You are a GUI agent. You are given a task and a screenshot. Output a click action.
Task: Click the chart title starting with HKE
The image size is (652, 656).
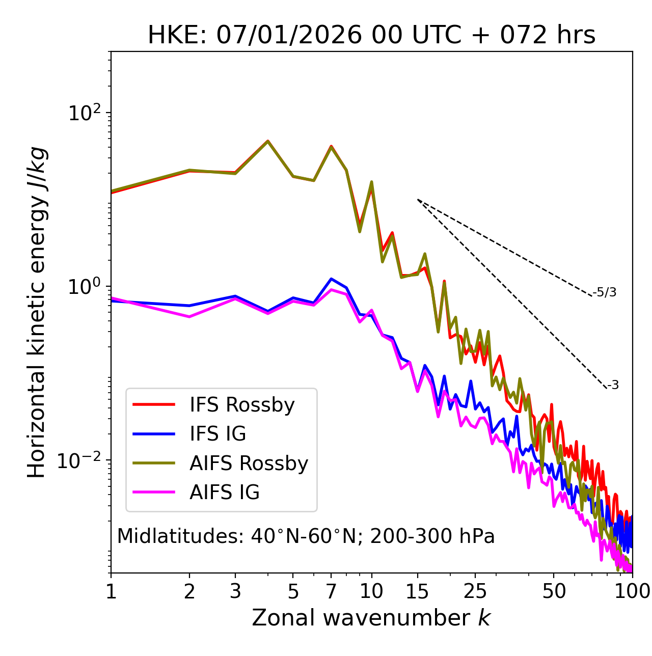coord(371,36)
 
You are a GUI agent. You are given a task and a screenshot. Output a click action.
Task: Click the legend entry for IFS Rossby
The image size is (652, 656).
coord(242,405)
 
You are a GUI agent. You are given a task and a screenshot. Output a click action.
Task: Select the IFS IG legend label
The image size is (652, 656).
coord(218,434)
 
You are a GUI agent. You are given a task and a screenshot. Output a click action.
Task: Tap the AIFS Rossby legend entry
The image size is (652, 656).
coord(249,463)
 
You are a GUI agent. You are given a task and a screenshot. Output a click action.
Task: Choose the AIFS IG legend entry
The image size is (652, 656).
coord(225,493)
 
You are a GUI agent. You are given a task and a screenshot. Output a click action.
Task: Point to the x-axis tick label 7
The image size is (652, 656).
coord(331,591)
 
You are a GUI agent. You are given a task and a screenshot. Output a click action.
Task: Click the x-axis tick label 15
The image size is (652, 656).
coord(418,591)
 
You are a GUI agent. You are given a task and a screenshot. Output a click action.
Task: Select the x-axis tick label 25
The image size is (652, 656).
coord(475,591)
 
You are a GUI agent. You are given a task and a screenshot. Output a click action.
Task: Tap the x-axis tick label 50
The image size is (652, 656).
coord(554,591)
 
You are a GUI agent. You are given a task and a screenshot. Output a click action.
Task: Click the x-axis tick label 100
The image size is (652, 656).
coord(632,591)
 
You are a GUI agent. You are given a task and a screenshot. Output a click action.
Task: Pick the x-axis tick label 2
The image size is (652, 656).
coord(189,591)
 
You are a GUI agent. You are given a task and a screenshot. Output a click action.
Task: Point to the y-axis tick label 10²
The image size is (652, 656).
coord(86,113)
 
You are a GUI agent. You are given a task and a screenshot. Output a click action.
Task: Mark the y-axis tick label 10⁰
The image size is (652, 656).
coord(86,287)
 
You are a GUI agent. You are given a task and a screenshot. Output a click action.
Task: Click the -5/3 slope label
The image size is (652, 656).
coord(605,292)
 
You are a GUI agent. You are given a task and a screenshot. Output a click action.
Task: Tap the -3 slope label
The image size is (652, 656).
coord(613,386)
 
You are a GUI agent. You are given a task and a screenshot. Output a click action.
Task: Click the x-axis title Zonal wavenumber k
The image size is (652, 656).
coord(371,618)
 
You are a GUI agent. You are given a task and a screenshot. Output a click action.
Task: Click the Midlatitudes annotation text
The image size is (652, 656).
coord(306,536)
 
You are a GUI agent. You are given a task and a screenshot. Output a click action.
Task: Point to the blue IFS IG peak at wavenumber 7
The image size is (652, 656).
coord(331,279)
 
